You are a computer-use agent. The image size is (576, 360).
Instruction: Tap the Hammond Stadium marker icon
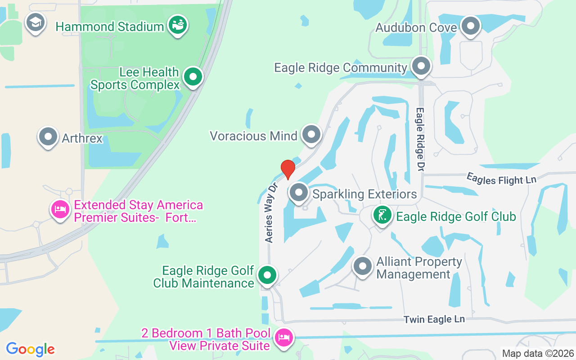(178, 25)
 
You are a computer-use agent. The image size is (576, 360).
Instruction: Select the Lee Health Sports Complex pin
(193, 77)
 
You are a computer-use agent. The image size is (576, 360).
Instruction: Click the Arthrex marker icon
(48, 136)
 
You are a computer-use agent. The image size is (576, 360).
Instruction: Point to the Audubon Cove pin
(471, 26)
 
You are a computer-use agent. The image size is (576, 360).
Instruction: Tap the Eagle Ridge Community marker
(421, 66)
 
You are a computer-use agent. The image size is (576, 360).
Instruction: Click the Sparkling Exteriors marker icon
(298, 193)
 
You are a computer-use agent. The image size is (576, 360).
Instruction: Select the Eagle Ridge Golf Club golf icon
(382, 215)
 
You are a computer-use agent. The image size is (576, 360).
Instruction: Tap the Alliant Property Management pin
(362, 266)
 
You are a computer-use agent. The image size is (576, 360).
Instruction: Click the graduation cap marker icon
(35, 22)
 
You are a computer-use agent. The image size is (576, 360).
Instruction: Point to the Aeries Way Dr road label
(273, 212)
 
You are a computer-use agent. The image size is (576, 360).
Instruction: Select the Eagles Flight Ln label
(501, 179)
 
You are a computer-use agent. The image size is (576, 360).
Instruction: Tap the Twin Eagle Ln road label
(434, 319)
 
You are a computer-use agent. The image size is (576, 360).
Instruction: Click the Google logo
(30, 349)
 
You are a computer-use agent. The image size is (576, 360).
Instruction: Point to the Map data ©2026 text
(538, 353)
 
